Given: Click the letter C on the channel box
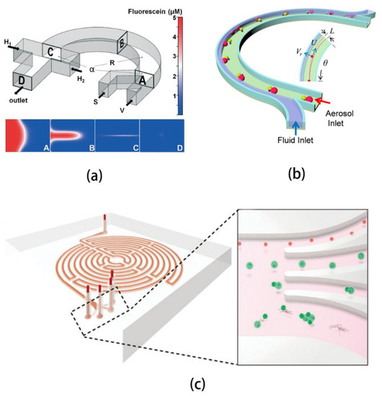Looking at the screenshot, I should coord(51,52).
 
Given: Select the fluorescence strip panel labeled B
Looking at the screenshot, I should coord(72,135).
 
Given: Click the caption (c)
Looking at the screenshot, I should coord(190,381).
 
